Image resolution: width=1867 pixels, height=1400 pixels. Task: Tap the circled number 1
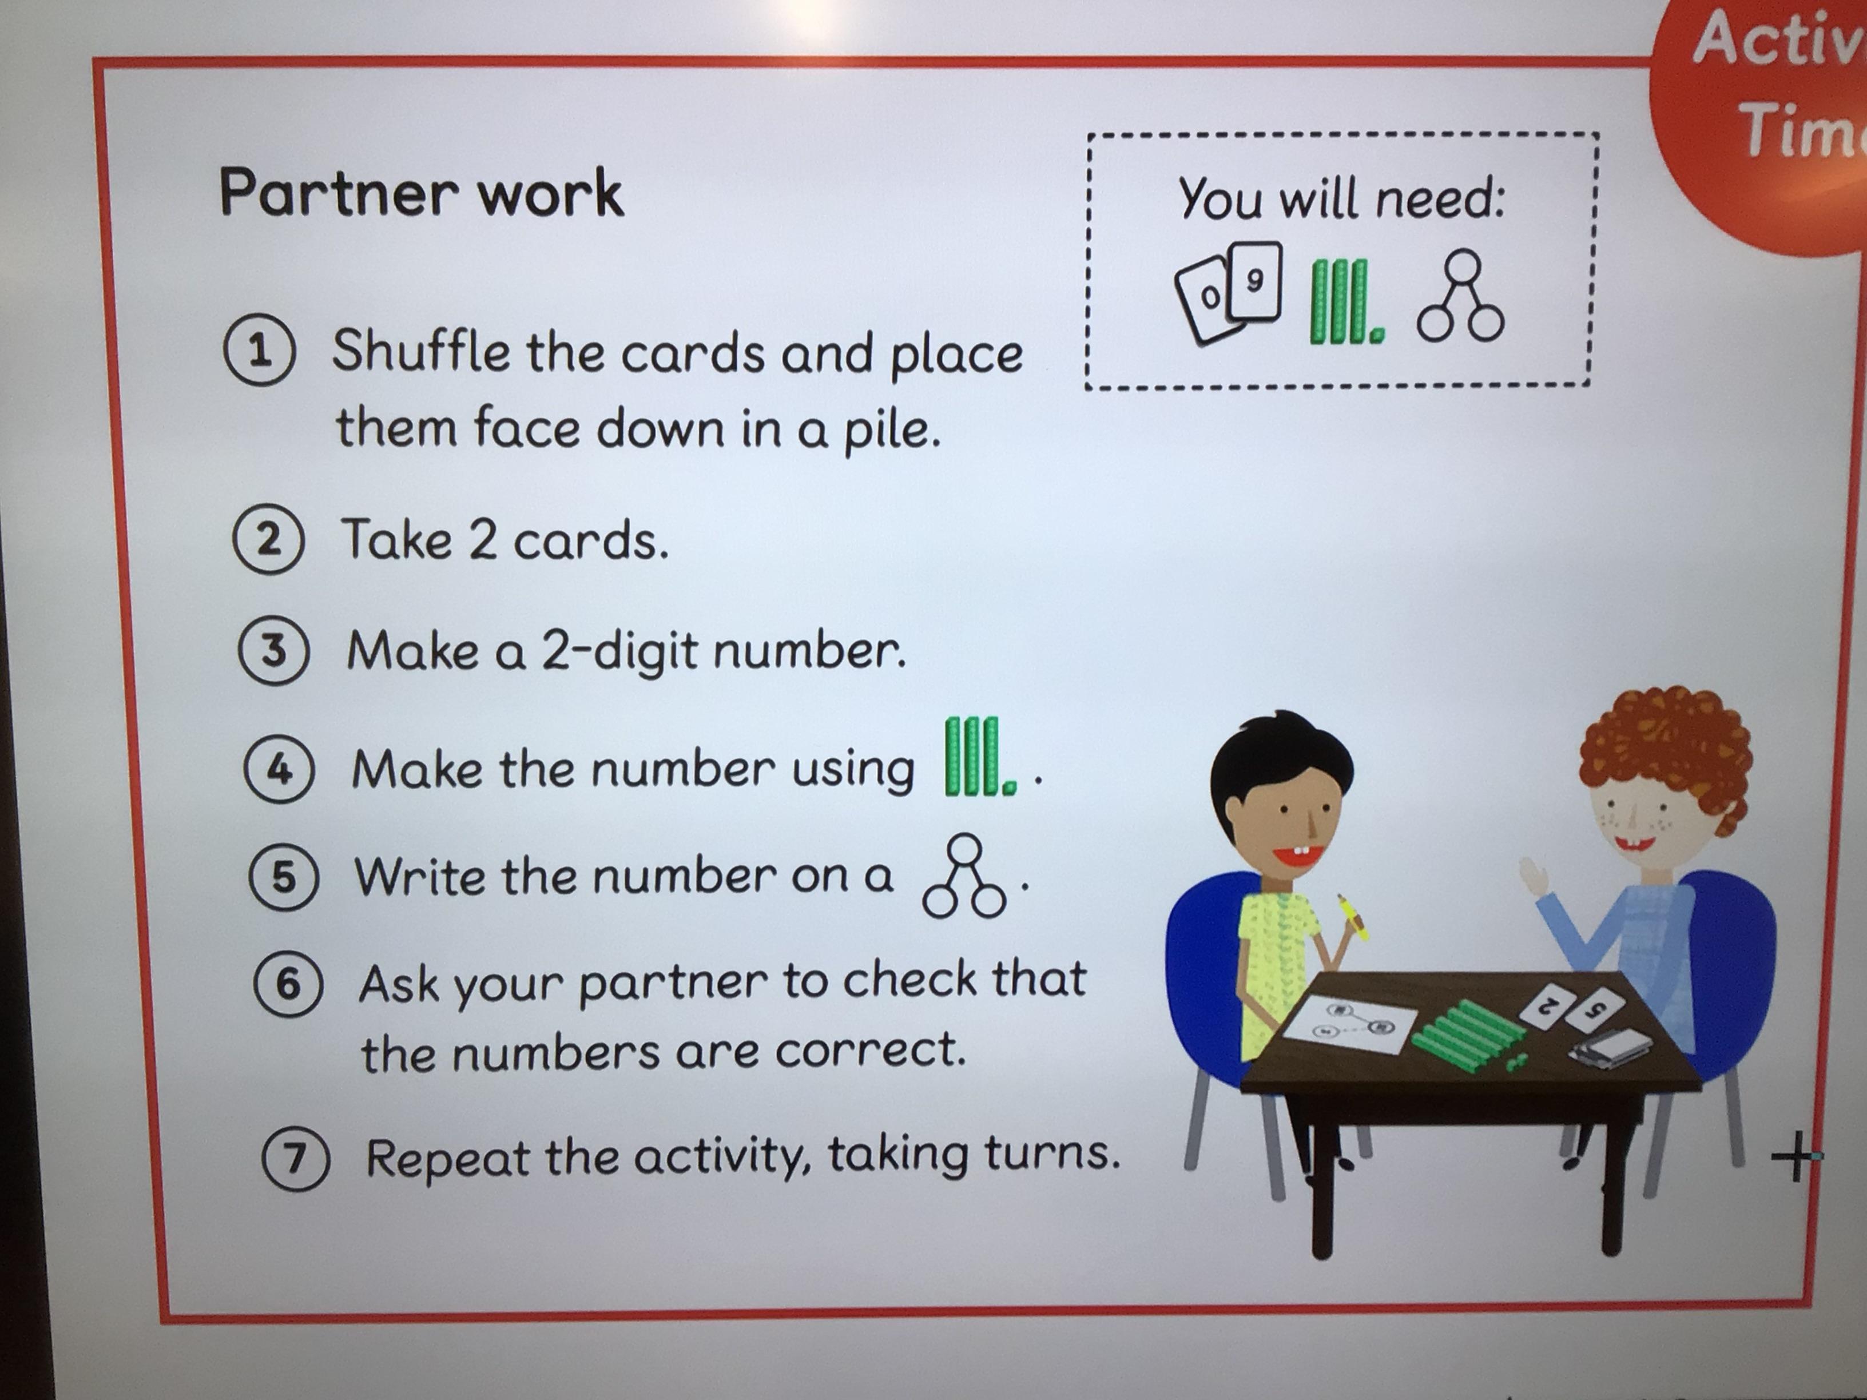click(260, 352)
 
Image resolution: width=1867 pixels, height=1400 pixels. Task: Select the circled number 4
click(279, 770)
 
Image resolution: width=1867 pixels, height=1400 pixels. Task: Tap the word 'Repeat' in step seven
click(447, 1159)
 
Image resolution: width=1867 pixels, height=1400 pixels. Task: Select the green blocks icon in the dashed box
click(1345, 301)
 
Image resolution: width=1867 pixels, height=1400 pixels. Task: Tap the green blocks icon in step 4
click(980, 757)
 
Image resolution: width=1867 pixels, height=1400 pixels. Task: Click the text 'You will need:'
click(1340, 199)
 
